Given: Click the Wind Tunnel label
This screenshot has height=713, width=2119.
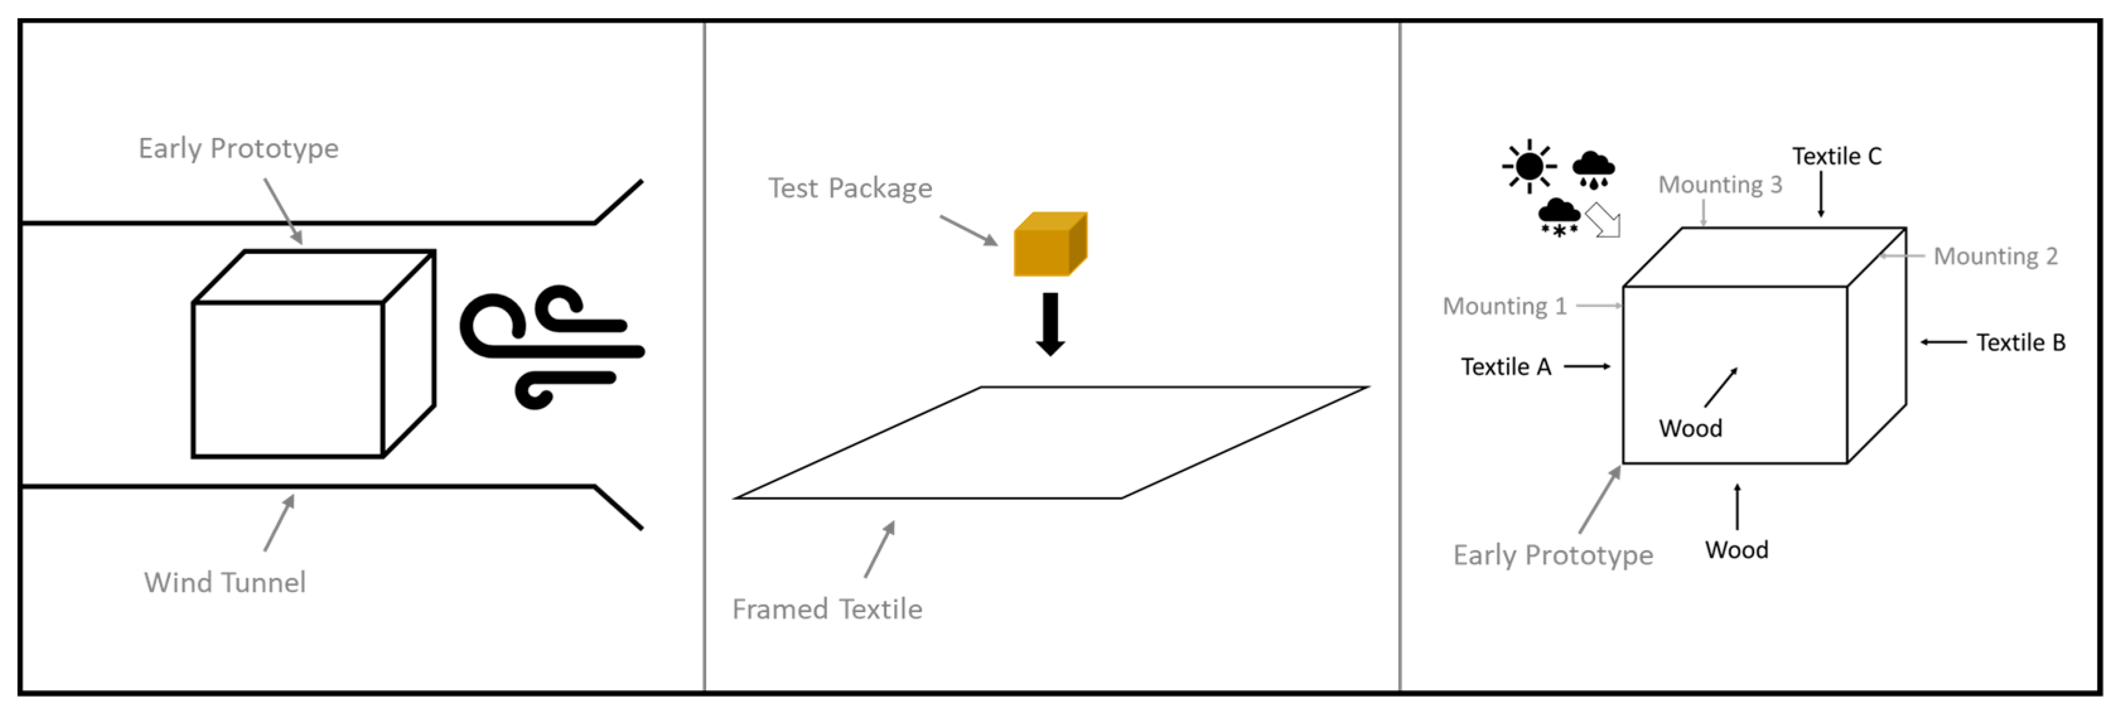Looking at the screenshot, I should tap(224, 583).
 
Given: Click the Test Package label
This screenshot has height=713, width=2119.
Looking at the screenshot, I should tap(850, 188).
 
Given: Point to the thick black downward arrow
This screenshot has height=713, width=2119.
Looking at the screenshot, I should tap(1050, 324).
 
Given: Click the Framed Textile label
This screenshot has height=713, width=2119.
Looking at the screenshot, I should tap(827, 610).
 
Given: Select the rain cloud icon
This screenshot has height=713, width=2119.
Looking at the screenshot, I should tap(1593, 170).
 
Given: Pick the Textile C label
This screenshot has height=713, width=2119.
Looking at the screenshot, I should tap(1836, 156).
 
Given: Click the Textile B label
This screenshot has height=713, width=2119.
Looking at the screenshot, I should tap(2020, 342).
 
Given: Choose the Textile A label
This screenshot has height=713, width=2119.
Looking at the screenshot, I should tap(1506, 367).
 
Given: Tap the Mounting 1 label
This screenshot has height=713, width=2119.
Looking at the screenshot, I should tap(1504, 306).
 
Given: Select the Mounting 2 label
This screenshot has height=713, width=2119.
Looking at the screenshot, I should tap(1995, 257).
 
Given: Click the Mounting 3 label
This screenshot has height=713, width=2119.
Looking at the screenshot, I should tap(1719, 185).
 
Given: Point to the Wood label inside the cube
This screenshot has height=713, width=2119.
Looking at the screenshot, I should tap(1690, 429).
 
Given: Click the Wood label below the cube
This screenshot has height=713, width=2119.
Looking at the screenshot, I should tap(1736, 549).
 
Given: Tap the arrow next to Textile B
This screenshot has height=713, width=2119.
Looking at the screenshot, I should tap(1943, 342).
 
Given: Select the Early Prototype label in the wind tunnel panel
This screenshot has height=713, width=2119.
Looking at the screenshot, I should tap(238, 149).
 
